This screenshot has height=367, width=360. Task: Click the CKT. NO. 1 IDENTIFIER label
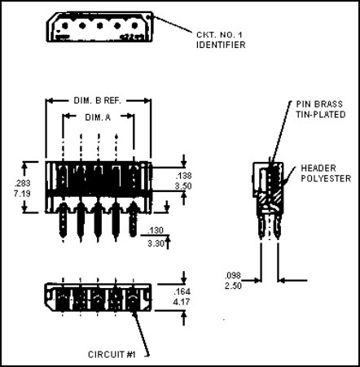[x=221, y=40]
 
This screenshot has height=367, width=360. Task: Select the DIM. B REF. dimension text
[x=98, y=101]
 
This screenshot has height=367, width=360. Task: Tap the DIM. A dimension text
[x=98, y=117]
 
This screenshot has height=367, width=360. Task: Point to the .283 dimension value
[x=22, y=183]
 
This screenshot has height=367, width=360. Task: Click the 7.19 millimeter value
[x=22, y=194]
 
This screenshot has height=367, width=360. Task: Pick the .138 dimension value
[x=183, y=176]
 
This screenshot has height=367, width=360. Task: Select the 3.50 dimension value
[x=183, y=186]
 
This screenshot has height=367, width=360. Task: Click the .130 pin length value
[x=156, y=230]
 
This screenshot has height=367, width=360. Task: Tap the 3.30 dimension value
[x=156, y=243]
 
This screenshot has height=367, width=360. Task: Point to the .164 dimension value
[x=182, y=291]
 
